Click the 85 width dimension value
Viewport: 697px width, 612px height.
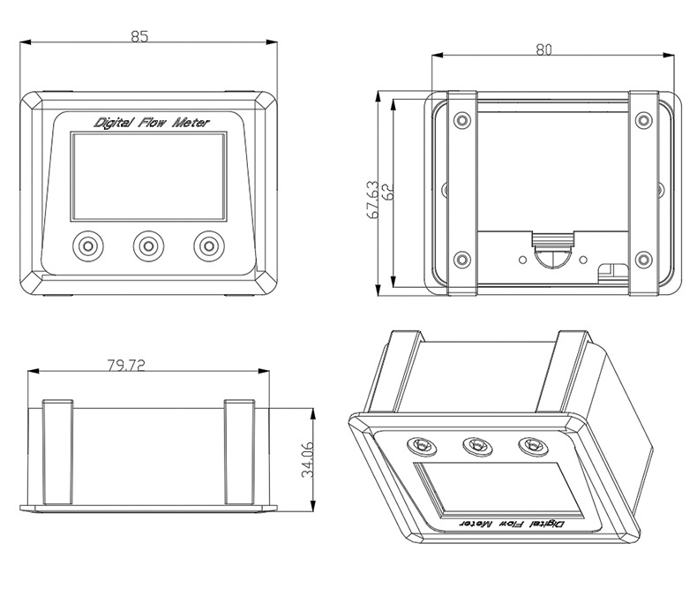click(139, 36)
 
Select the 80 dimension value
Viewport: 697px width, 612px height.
click(543, 49)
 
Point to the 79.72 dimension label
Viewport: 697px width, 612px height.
click(126, 366)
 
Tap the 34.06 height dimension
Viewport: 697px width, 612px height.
click(308, 460)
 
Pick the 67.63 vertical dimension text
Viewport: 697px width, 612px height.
click(372, 200)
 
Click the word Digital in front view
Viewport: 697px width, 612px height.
click(112, 123)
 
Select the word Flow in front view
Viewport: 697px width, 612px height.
click(151, 123)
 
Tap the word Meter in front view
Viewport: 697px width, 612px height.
click(190, 123)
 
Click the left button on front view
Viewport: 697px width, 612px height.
click(88, 246)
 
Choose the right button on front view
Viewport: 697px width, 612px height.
click(209, 246)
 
